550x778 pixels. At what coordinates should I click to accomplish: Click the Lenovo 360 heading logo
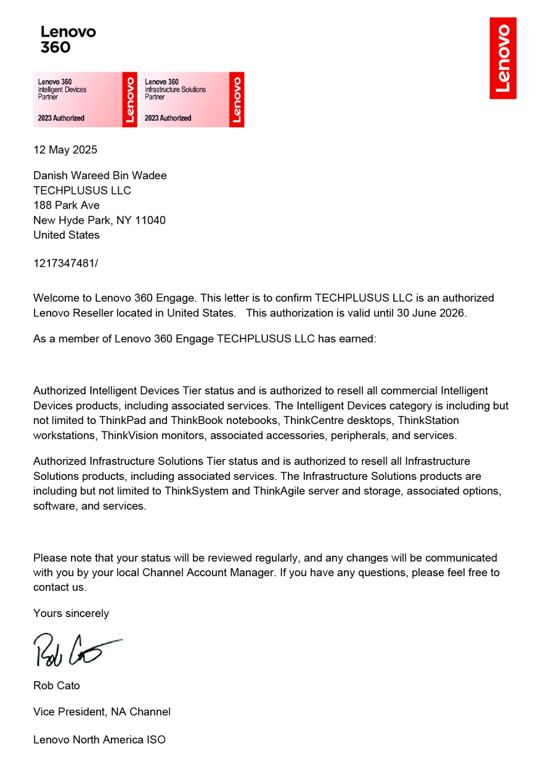[68, 39]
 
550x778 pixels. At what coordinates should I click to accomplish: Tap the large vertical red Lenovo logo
[503, 58]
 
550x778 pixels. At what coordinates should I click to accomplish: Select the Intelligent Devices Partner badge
[85, 100]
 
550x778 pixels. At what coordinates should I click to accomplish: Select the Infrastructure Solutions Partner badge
[192, 100]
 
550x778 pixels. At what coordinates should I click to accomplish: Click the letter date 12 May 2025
[65, 150]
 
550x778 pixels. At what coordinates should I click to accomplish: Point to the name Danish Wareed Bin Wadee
[100, 176]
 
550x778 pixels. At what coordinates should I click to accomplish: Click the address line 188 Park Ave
[66, 205]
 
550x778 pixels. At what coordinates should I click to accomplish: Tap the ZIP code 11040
[150, 220]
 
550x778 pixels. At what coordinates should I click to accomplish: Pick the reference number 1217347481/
[66, 264]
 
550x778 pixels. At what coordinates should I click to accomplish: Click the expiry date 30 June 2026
[430, 313]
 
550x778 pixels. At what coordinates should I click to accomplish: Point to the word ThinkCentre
[314, 421]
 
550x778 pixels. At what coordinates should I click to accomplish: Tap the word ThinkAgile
[279, 491]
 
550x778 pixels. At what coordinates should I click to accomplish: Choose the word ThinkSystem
[196, 491]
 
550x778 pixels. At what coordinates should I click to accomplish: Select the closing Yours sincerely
[71, 614]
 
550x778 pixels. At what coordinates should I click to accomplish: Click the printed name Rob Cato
[56, 686]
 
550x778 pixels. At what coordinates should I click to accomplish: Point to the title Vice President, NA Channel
[102, 712]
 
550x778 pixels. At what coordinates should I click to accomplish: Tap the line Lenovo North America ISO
[99, 740]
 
